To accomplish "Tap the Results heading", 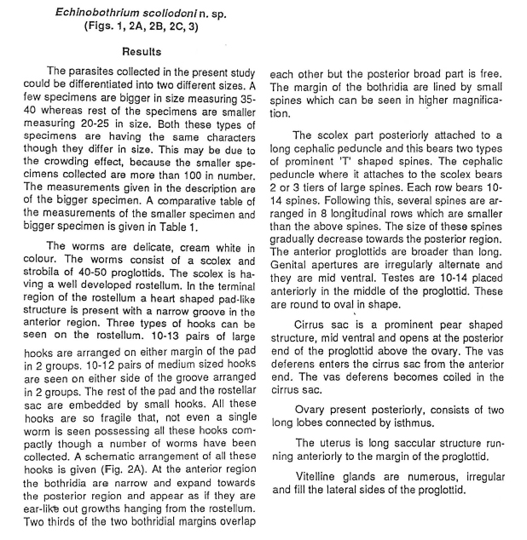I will pyautogui.click(x=142, y=52).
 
